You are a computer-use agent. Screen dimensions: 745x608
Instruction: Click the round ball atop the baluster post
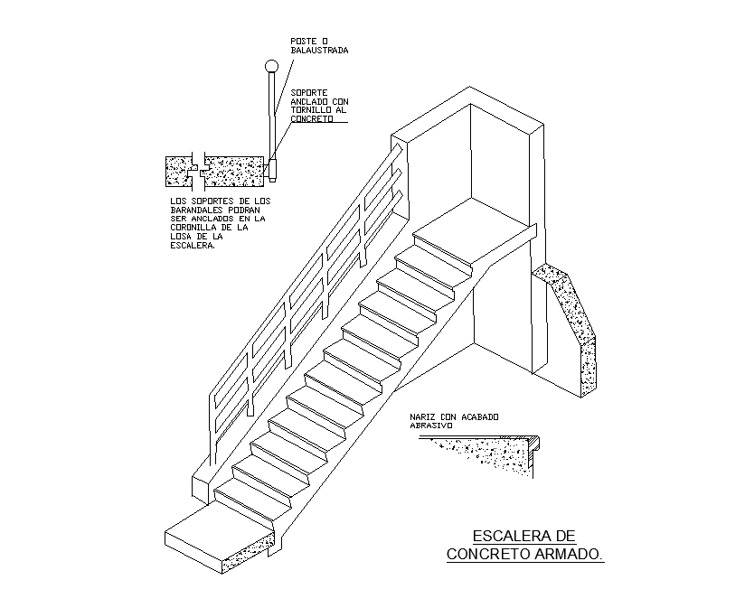(x=269, y=66)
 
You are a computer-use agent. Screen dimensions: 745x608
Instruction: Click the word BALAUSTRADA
(x=319, y=51)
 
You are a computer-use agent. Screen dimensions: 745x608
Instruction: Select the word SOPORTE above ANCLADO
(x=309, y=92)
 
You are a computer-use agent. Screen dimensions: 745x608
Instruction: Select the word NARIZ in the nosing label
(x=422, y=416)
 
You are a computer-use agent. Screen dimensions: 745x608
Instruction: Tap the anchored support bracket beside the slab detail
(x=272, y=167)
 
